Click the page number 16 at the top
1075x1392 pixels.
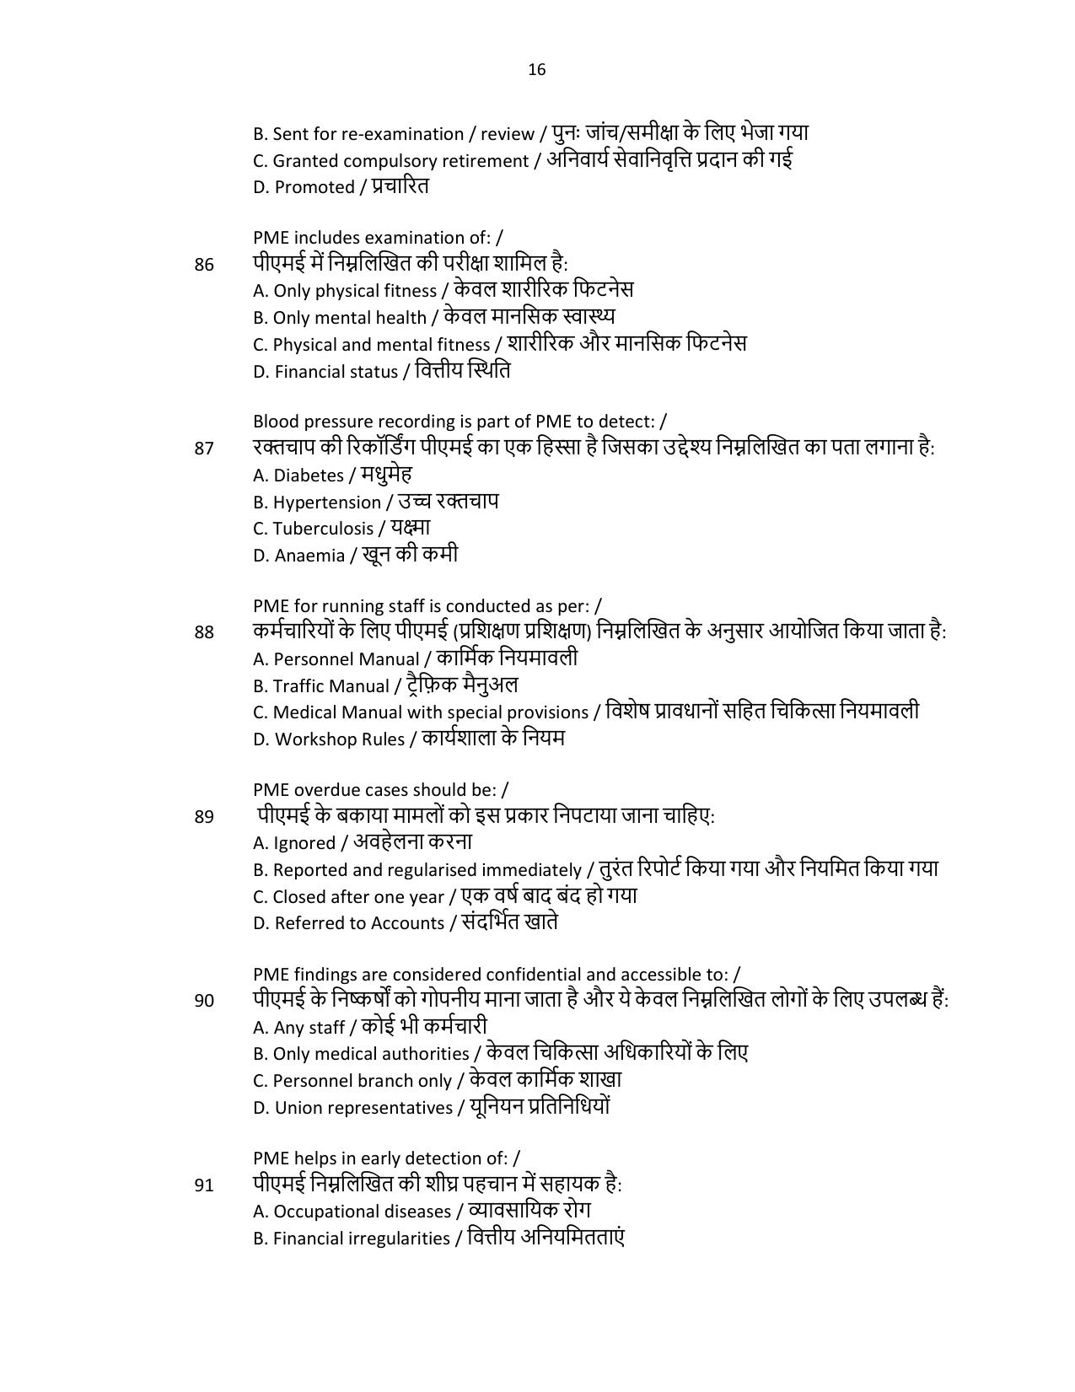click(537, 70)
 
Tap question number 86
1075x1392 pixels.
click(204, 265)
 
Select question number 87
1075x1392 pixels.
click(204, 449)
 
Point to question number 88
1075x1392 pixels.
click(204, 632)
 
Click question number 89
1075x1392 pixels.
click(204, 817)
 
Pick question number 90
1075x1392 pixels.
click(204, 1002)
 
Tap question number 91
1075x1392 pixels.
click(204, 1185)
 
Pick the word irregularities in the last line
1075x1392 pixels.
click(400, 1239)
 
